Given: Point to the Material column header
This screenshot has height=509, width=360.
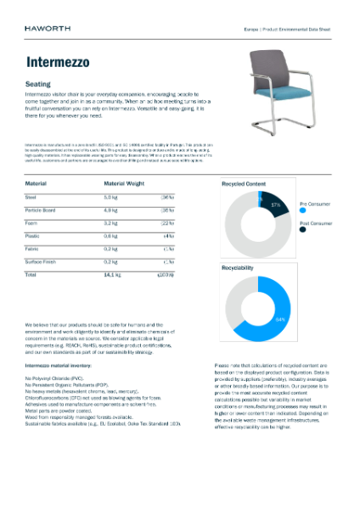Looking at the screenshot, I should click(x=36, y=182).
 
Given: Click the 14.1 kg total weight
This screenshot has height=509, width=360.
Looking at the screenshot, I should click(x=111, y=275).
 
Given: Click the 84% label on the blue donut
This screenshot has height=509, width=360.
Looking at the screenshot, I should click(x=280, y=319).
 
